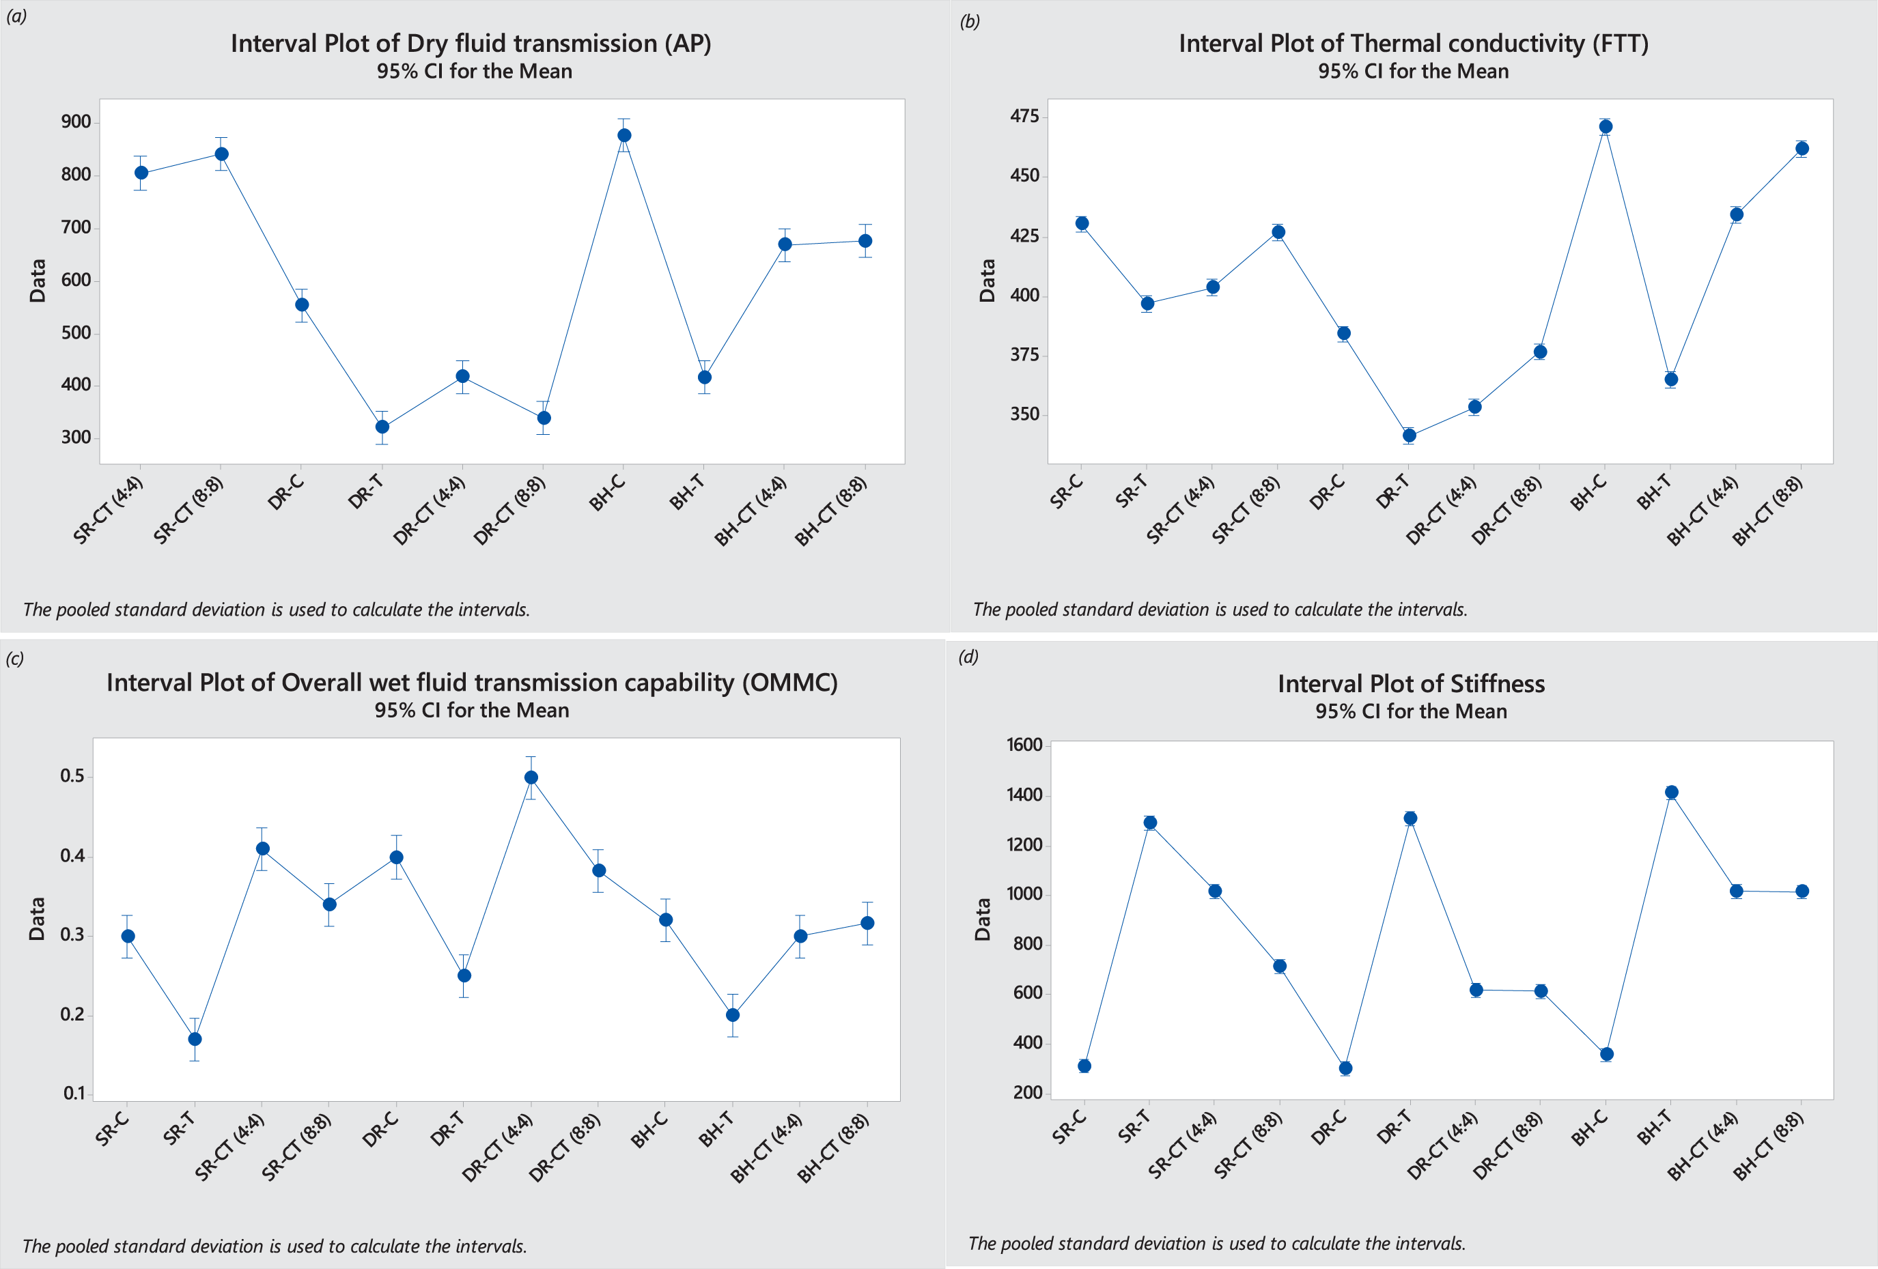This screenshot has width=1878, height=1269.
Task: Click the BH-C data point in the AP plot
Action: click(x=624, y=135)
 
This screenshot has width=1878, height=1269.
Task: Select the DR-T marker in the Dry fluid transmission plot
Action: click(x=382, y=427)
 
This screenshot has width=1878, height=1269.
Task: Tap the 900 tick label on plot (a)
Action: click(x=76, y=122)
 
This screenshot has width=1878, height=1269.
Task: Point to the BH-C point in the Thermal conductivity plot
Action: click(x=1606, y=126)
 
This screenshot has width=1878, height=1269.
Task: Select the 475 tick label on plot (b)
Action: click(x=1024, y=116)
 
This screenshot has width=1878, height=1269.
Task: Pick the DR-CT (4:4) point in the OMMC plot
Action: click(x=531, y=777)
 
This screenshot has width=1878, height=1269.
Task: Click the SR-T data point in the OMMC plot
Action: click(x=195, y=1039)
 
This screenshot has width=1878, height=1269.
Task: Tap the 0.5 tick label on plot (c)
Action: click(x=72, y=776)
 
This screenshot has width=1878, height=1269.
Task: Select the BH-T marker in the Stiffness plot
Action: click(x=1671, y=793)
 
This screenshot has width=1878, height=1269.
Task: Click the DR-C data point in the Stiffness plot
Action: click(x=1345, y=1068)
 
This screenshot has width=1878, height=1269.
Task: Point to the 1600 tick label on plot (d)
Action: click(x=1024, y=745)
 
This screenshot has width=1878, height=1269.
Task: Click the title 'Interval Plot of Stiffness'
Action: click(x=1411, y=684)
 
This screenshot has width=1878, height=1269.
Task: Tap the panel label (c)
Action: click(x=14, y=658)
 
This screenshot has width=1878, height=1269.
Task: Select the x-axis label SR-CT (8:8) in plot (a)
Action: click(x=188, y=511)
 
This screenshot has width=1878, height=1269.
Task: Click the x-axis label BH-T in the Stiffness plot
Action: click(x=1655, y=1127)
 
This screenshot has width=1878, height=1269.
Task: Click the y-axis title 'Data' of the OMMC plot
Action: click(x=37, y=918)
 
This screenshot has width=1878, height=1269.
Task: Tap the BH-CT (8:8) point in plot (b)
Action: click(x=1802, y=149)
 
